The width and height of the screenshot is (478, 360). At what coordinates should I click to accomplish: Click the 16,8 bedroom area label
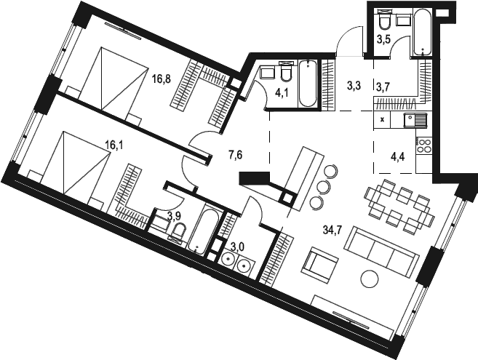tap(162, 79)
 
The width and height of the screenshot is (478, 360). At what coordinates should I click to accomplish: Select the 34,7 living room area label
tap(332, 229)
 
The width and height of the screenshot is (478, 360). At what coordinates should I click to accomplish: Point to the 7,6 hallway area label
tap(235, 156)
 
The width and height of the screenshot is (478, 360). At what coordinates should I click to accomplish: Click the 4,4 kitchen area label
tap(398, 158)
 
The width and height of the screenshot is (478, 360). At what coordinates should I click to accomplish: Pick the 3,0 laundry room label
tap(237, 247)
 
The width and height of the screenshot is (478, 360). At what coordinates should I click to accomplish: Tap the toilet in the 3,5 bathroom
tap(384, 17)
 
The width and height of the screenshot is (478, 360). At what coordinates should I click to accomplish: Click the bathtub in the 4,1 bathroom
tap(308, 84)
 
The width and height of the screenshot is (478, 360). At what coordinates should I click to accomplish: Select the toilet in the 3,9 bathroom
tap(178, 232)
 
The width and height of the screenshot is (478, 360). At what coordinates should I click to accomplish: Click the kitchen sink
tap(415, 120)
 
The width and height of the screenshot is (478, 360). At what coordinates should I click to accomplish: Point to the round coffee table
tap(370, 278)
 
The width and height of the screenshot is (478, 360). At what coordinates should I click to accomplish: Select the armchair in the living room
tap(319, 265)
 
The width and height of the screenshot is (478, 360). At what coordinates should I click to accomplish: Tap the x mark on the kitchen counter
tap(383, 119)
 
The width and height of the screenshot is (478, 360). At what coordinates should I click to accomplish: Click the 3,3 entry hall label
tap(354, 86)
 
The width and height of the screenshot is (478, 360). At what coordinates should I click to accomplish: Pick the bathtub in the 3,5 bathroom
tap(422, 32)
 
